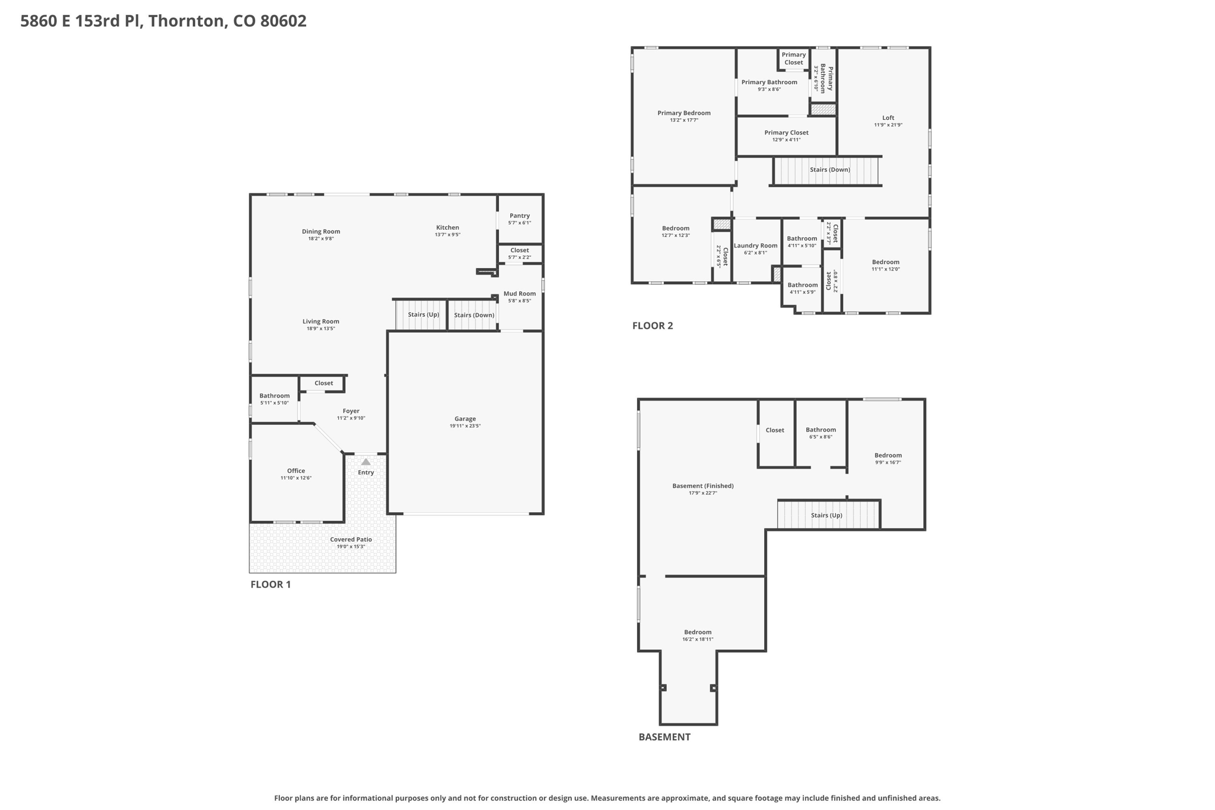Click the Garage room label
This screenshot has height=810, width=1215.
pos(465,419)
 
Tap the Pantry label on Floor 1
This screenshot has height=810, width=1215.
pos(520,216)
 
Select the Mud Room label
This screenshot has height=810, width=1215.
pos(520,294)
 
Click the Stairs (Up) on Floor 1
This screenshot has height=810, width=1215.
pos(424,315)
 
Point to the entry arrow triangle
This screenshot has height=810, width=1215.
pos(366,462)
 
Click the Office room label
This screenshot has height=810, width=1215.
pos(296,471)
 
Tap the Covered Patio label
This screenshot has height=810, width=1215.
pos(351,539)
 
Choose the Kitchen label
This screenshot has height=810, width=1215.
pos(448,227)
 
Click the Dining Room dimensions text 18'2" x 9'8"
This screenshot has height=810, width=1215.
pos(321,239)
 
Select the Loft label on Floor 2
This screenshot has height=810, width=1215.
pos(888,117)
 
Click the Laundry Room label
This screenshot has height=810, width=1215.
pos(756,246)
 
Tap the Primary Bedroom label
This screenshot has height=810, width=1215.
pos(684,113)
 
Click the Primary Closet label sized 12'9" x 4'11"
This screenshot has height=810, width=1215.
pos(787,133)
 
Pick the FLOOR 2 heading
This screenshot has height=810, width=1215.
pos(653,325)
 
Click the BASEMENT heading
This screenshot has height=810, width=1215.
pos(664,737)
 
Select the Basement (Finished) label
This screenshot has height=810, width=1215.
pos(703,486)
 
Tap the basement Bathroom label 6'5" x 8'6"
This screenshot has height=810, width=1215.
pos(821,430)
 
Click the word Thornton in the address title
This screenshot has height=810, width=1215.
pos(187,21)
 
